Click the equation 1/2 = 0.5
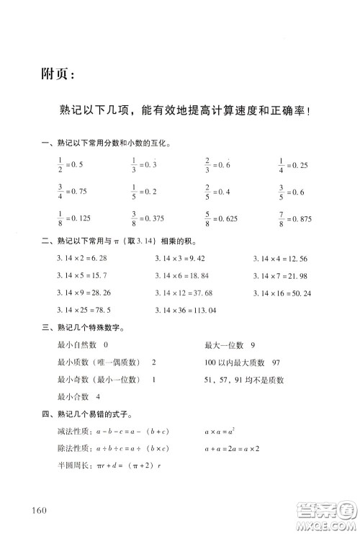coord(71,164)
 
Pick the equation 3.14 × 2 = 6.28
coord(81,258)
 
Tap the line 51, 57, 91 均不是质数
coord(245,380)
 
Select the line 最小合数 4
coord(78,396)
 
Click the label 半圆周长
coord(71,466)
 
